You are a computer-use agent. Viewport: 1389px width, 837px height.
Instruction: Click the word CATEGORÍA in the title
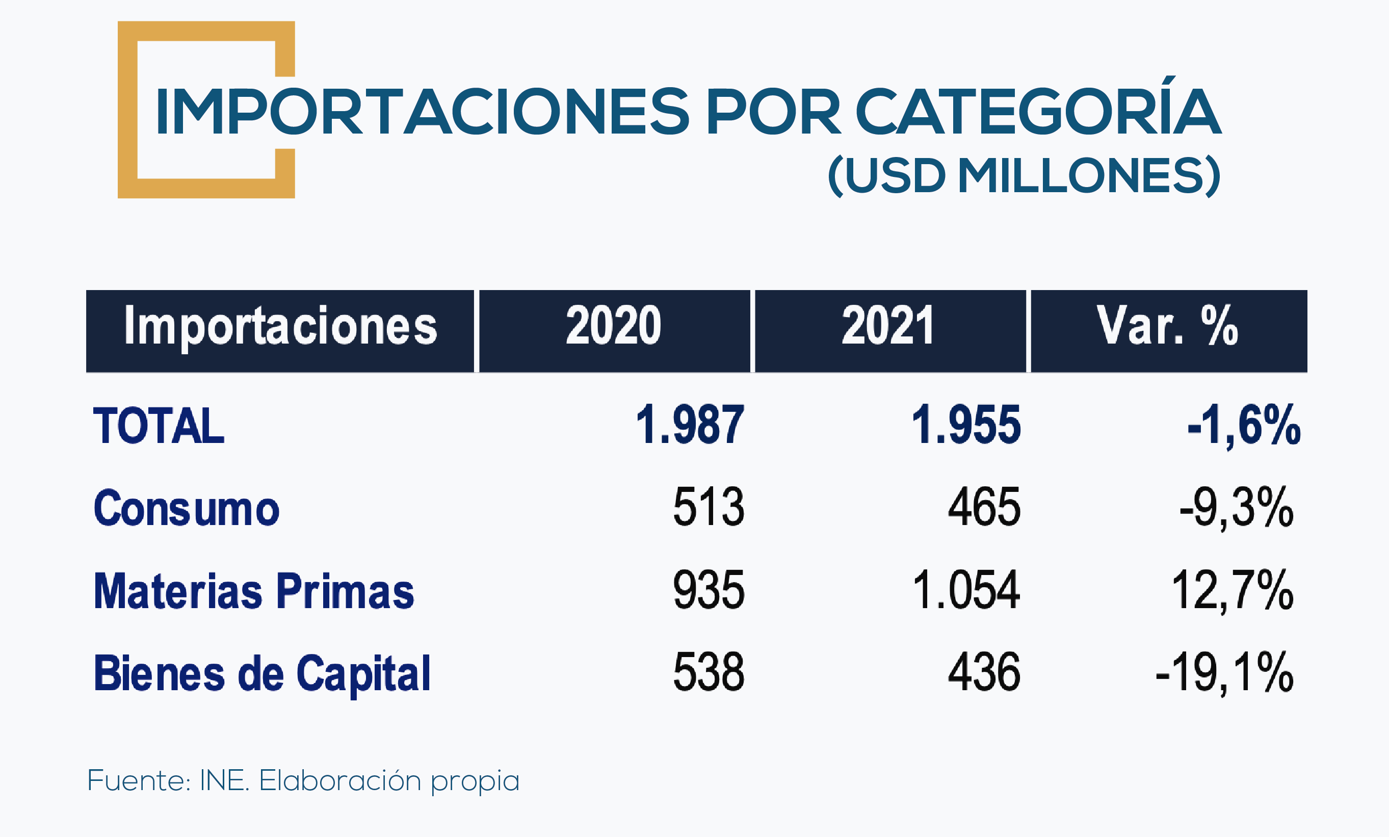pos(1038,111)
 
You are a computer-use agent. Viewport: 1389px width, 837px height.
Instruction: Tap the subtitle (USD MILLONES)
pos(1024,175)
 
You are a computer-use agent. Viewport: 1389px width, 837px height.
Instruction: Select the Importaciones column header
pos(280,327)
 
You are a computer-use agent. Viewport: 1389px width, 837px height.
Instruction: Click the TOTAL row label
pos(159,426)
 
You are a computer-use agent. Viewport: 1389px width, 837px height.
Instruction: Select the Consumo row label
pos(186,508)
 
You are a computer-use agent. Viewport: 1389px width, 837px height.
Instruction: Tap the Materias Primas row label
pos(254,591)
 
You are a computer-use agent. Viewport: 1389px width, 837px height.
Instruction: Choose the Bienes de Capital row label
pos(262,673)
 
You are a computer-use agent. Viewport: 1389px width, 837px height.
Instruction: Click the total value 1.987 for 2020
pos(690,425)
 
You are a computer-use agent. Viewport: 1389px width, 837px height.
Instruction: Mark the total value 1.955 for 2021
pos(965,425)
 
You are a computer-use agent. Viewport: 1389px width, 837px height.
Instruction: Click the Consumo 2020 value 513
pos(709,507)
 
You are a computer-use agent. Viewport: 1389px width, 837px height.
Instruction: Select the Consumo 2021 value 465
pos(984,507)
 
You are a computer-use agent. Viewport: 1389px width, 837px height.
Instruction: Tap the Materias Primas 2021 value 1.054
pos(965,590)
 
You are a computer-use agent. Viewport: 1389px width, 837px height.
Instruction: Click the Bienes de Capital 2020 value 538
pos(709,672)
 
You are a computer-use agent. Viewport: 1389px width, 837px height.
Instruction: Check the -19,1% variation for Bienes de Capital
pos(1224,672)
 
